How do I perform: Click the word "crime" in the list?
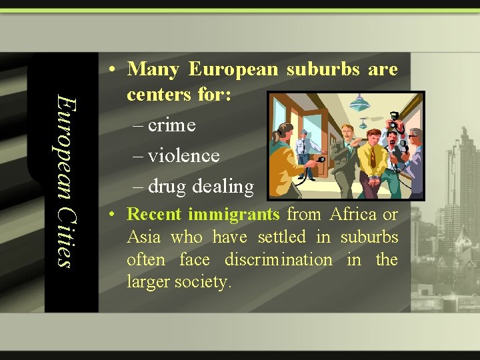click(x=171, y=125)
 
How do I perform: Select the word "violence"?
click(x=183, y=156)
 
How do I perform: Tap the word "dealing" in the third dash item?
click(x=223, y=187)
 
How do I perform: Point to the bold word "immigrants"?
click(x=233, y=215)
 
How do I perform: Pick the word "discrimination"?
click(x=278, y=259)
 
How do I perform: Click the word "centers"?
click(x=157, y=95)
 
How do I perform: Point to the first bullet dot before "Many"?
click(x=115, y=70)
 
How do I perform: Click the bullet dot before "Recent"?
click(x=115, y=215)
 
